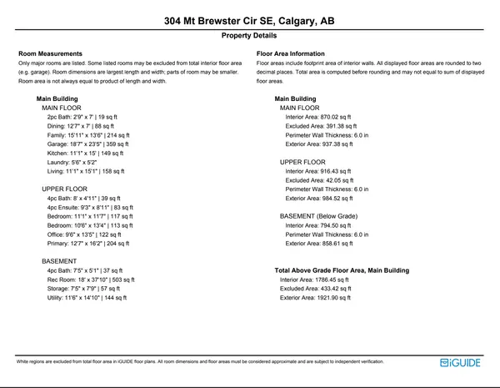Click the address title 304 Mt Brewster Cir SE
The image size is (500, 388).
click(x=249, y=20)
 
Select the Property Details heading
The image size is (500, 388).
click(x=249, y=37)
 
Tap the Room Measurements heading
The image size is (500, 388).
click(x=50, y=54)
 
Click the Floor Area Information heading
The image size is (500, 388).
click(x=291, y=54)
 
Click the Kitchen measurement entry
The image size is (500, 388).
click(x=85, y=154)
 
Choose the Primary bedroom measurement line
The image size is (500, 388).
click(x=87, y=244)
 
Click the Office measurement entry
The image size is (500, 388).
click(x=84, y=234)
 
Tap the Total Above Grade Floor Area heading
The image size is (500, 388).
click(x=342, y=270)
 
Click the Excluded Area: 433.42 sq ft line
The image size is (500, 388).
click(x=320, y=289)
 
